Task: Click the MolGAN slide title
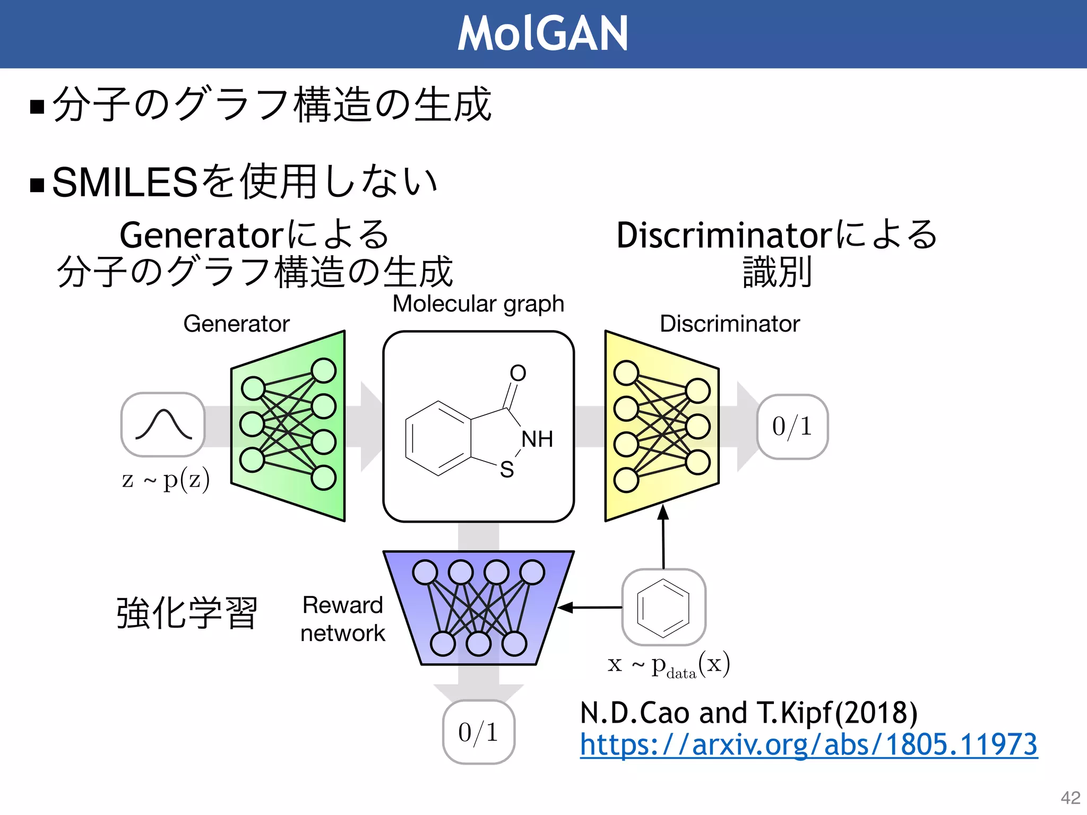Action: [542, 33]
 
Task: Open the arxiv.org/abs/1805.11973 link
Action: [808, 744]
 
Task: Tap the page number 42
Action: [1070, 797]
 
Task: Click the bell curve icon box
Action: [163, 424]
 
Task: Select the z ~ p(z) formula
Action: [166, 479]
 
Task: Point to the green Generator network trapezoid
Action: [288, 426]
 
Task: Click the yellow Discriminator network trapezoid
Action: [662, 426]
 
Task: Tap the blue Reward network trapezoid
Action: [478, 607]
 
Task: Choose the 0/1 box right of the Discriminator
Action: [792, 427]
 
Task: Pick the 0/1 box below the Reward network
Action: [478, 732]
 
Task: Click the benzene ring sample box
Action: [663, 607]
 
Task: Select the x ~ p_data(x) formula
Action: [669, 664]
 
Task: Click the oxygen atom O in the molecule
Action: [518, 373]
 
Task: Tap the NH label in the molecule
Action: [537, 439]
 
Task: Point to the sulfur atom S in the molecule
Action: [507, 470]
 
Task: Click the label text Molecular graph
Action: [478, 304]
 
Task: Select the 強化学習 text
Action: [187, 613]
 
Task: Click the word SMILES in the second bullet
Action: [125, 183]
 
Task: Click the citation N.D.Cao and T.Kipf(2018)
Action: [748, 712]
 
